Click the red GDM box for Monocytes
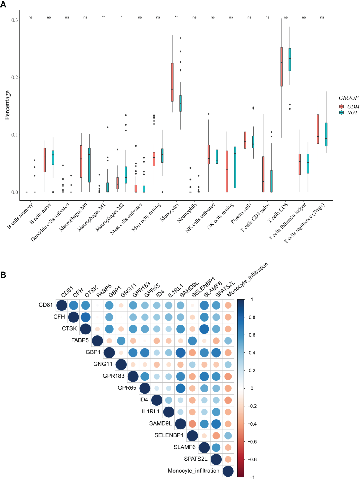tap(172, 82)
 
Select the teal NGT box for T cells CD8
tap(290, 59)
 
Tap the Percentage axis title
tap(7, 105)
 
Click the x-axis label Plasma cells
tap(241, 213)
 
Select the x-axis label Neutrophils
tap(187, 212)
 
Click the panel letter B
tap(3, 275)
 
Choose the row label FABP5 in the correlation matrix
tap(80, 340)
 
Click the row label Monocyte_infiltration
tap(193, 471)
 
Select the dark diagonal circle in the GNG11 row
tap(121, 365)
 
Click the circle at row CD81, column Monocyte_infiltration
tap(228, 305)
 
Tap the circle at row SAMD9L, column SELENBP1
tap(192, 424)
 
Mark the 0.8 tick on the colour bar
tap(252, 317)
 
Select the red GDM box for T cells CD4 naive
tap(263, 174)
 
